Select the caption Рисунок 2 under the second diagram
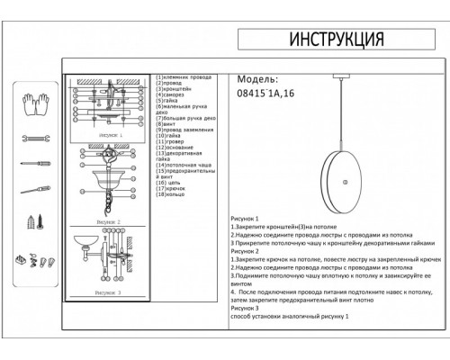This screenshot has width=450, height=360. pyautogui.click(x=111, y=220)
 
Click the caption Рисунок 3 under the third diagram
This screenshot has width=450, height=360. pyautogui.click(x=111, y=292)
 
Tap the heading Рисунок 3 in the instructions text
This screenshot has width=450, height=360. pyautogui.click(x=245, y=310)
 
